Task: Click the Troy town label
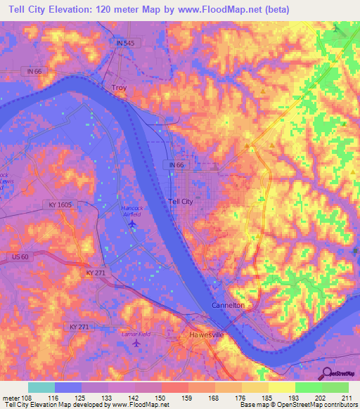click(x=120, y=88)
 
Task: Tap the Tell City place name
click(x=181, y=201)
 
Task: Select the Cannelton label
click(x=228, y=306)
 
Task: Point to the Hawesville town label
click(x=206, y=335)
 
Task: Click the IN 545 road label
click(x=124, y=43)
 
